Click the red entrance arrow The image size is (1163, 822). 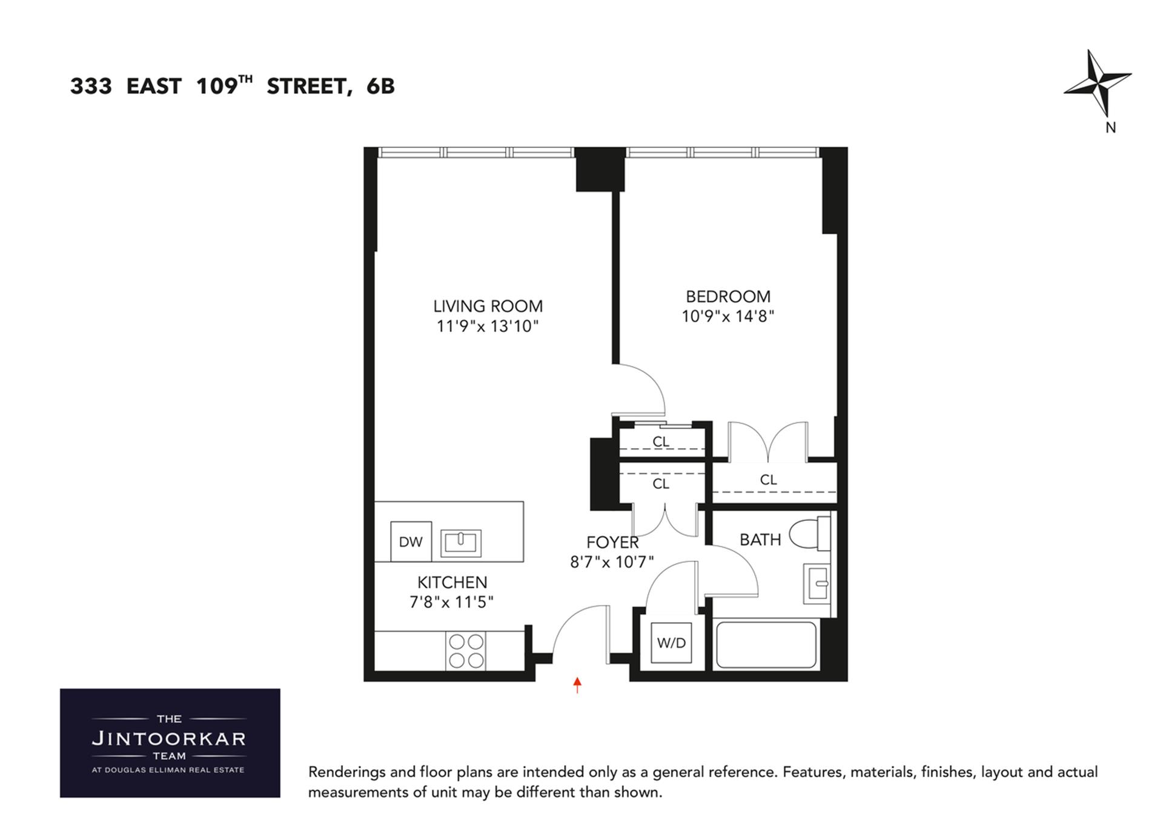pos(577,684)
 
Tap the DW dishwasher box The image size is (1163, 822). pos(411,542)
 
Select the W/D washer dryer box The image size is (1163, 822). pos(671,643)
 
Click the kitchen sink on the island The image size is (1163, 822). pos(460,543)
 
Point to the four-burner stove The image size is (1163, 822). pos(466,651)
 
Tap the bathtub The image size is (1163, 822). pos(766,645)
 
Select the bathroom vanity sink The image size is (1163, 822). pos(817,583)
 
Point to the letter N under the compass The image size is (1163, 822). pos(1110,128)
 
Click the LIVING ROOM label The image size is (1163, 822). pos(488,306)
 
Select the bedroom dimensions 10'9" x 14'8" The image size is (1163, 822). pos(727,316)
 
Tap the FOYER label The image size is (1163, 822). pos(612,542)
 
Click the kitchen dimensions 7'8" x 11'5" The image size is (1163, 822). pos(451,602)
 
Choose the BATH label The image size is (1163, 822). pos(760,540)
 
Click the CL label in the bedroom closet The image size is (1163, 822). pos(768,480)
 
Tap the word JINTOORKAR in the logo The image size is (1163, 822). pos(169,738)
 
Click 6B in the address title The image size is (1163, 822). pos(380,87)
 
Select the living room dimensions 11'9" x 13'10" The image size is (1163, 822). pos(488,326)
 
